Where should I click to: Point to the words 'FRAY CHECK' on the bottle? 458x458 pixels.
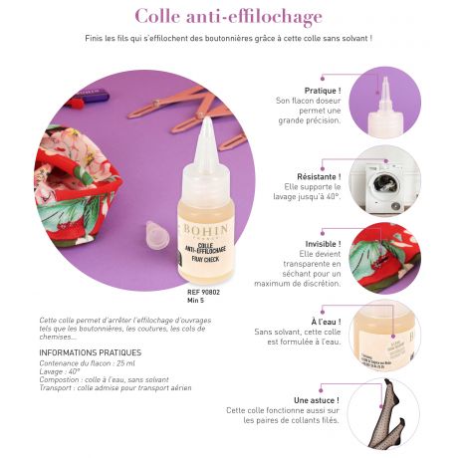(x=207, y=258)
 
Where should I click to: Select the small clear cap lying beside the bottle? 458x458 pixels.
(x=156, y=236)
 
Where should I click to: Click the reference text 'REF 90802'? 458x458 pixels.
(x=205, y=292)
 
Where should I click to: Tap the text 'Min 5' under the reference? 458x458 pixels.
(x=195, y=300)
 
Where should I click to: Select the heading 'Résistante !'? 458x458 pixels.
(x=321, y=176)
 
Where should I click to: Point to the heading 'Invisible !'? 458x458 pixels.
(x=323, y=244)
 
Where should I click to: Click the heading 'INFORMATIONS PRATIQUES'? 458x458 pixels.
(x=90, y=352)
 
